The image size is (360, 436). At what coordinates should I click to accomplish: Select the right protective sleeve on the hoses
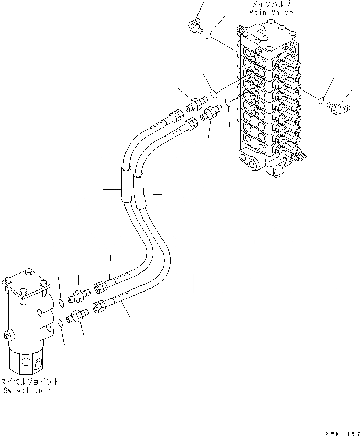(139, 191)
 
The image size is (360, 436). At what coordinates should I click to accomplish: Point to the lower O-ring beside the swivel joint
(60, 322)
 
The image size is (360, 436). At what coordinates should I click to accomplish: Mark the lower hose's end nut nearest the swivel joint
(99, 307)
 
